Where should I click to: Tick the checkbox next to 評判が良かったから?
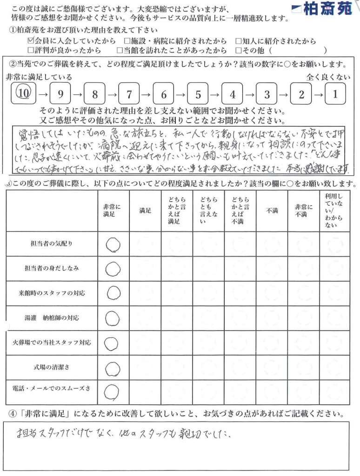point(31,50)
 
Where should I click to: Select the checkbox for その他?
point(239,50)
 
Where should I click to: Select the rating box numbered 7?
point(129,94)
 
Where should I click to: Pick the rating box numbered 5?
point(198,94)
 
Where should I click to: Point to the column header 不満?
point(271,211)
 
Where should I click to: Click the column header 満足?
point(145,211)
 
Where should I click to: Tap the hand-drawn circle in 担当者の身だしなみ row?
point(113,268)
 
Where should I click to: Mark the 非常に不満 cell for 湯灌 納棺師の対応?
point(303,318)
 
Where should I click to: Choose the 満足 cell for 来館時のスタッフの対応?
point(145,293)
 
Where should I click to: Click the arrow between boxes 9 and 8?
point(77,95)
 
